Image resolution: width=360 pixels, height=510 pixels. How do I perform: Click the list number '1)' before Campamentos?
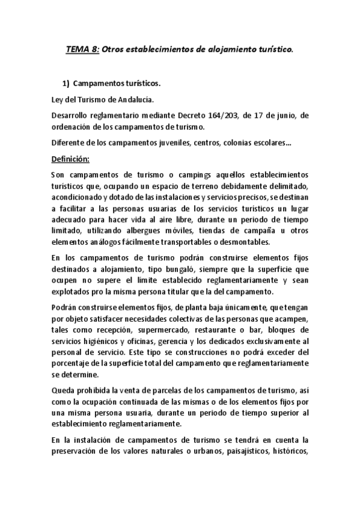pos(67,84)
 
